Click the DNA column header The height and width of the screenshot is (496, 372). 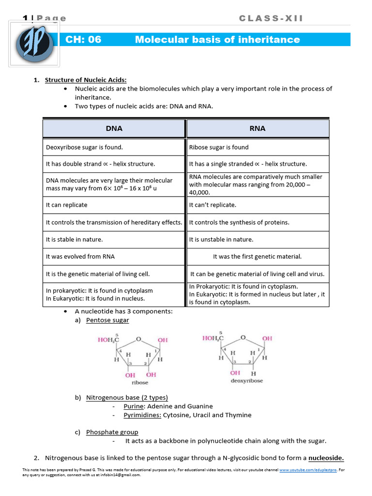pos(114,128)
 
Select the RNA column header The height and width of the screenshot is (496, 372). pos(258,128)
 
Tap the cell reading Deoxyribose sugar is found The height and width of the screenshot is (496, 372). pos(84,147)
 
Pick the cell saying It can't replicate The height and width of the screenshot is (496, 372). pos(213,205)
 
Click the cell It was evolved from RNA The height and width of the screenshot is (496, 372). pos(80,257)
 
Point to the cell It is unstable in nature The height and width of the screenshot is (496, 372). pos(221,239)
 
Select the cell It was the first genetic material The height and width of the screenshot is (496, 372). pos(257,257)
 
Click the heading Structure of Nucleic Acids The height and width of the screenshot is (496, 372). pos(86,80)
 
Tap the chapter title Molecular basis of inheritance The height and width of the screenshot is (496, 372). pos(217,40)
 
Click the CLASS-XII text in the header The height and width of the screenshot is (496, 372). pos(271,18)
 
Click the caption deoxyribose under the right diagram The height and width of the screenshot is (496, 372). pos(247,381)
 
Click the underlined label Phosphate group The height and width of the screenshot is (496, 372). pos(112,432)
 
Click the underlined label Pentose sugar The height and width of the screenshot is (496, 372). pos(108,320)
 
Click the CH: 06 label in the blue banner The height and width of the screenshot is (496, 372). pos(83,40)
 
